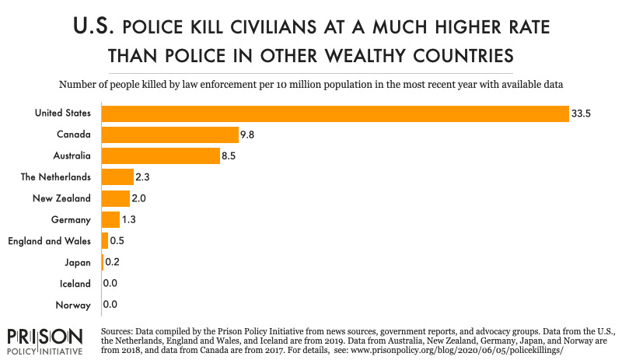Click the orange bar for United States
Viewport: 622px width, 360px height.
tap(334, 114)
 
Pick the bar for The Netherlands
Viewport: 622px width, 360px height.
tap(117, 177)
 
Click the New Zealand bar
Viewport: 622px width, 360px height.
tap(115, 198)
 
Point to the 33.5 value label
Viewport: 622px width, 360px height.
tap(582, 114)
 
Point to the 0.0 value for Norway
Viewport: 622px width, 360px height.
tap(110, 306)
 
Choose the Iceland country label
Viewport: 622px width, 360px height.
tap(75, 284)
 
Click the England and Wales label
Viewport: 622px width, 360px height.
tap(49, 241)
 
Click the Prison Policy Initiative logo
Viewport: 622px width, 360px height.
tap(44, 340)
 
